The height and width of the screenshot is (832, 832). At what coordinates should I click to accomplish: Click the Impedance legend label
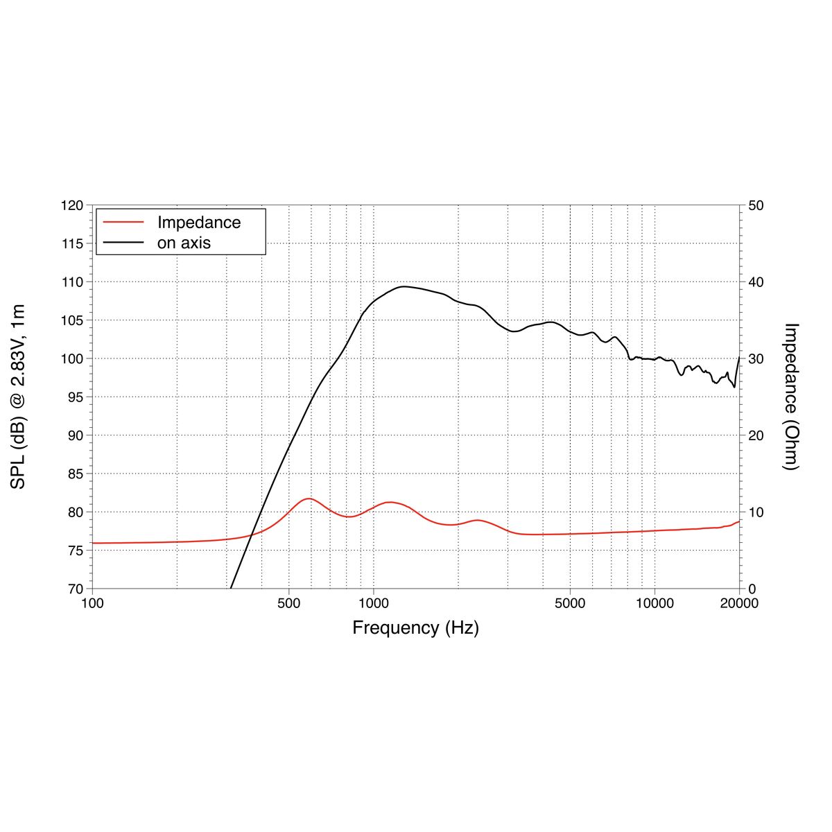[198, 223]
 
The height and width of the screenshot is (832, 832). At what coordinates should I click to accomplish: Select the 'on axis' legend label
[184, 243]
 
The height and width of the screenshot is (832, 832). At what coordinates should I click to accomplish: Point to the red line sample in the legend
[123, 222]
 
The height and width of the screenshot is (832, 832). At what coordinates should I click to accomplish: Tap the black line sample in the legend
[123, 243]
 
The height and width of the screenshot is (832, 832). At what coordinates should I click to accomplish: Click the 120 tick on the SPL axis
[71, 206]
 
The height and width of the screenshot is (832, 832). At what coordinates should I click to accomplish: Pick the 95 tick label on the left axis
[75, 397]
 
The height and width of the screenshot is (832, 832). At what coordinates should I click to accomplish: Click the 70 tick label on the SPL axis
[75, 589]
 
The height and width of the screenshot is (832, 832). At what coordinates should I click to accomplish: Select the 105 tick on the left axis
[71, 320]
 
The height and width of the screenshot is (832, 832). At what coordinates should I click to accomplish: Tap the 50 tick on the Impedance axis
[756, 206]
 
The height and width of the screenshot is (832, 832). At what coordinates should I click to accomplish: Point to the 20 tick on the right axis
[756, 435]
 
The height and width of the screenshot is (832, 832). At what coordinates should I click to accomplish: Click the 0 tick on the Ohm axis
[752, 589]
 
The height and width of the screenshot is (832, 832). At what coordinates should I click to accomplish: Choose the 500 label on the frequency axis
[289, 603]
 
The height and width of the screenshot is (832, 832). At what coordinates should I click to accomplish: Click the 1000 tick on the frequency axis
[374, 603]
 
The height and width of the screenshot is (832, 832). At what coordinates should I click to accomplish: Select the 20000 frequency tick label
[739, 603]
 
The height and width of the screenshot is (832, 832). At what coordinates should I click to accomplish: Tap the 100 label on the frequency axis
[92, 603]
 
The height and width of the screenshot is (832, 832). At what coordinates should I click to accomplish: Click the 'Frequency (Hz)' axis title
[415, 627]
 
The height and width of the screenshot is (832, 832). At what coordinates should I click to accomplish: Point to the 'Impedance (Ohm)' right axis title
[791, 397]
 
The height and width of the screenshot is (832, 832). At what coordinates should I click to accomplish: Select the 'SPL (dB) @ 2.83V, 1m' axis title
[18, 397]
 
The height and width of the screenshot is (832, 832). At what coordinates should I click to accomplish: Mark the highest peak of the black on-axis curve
[404, 286]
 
